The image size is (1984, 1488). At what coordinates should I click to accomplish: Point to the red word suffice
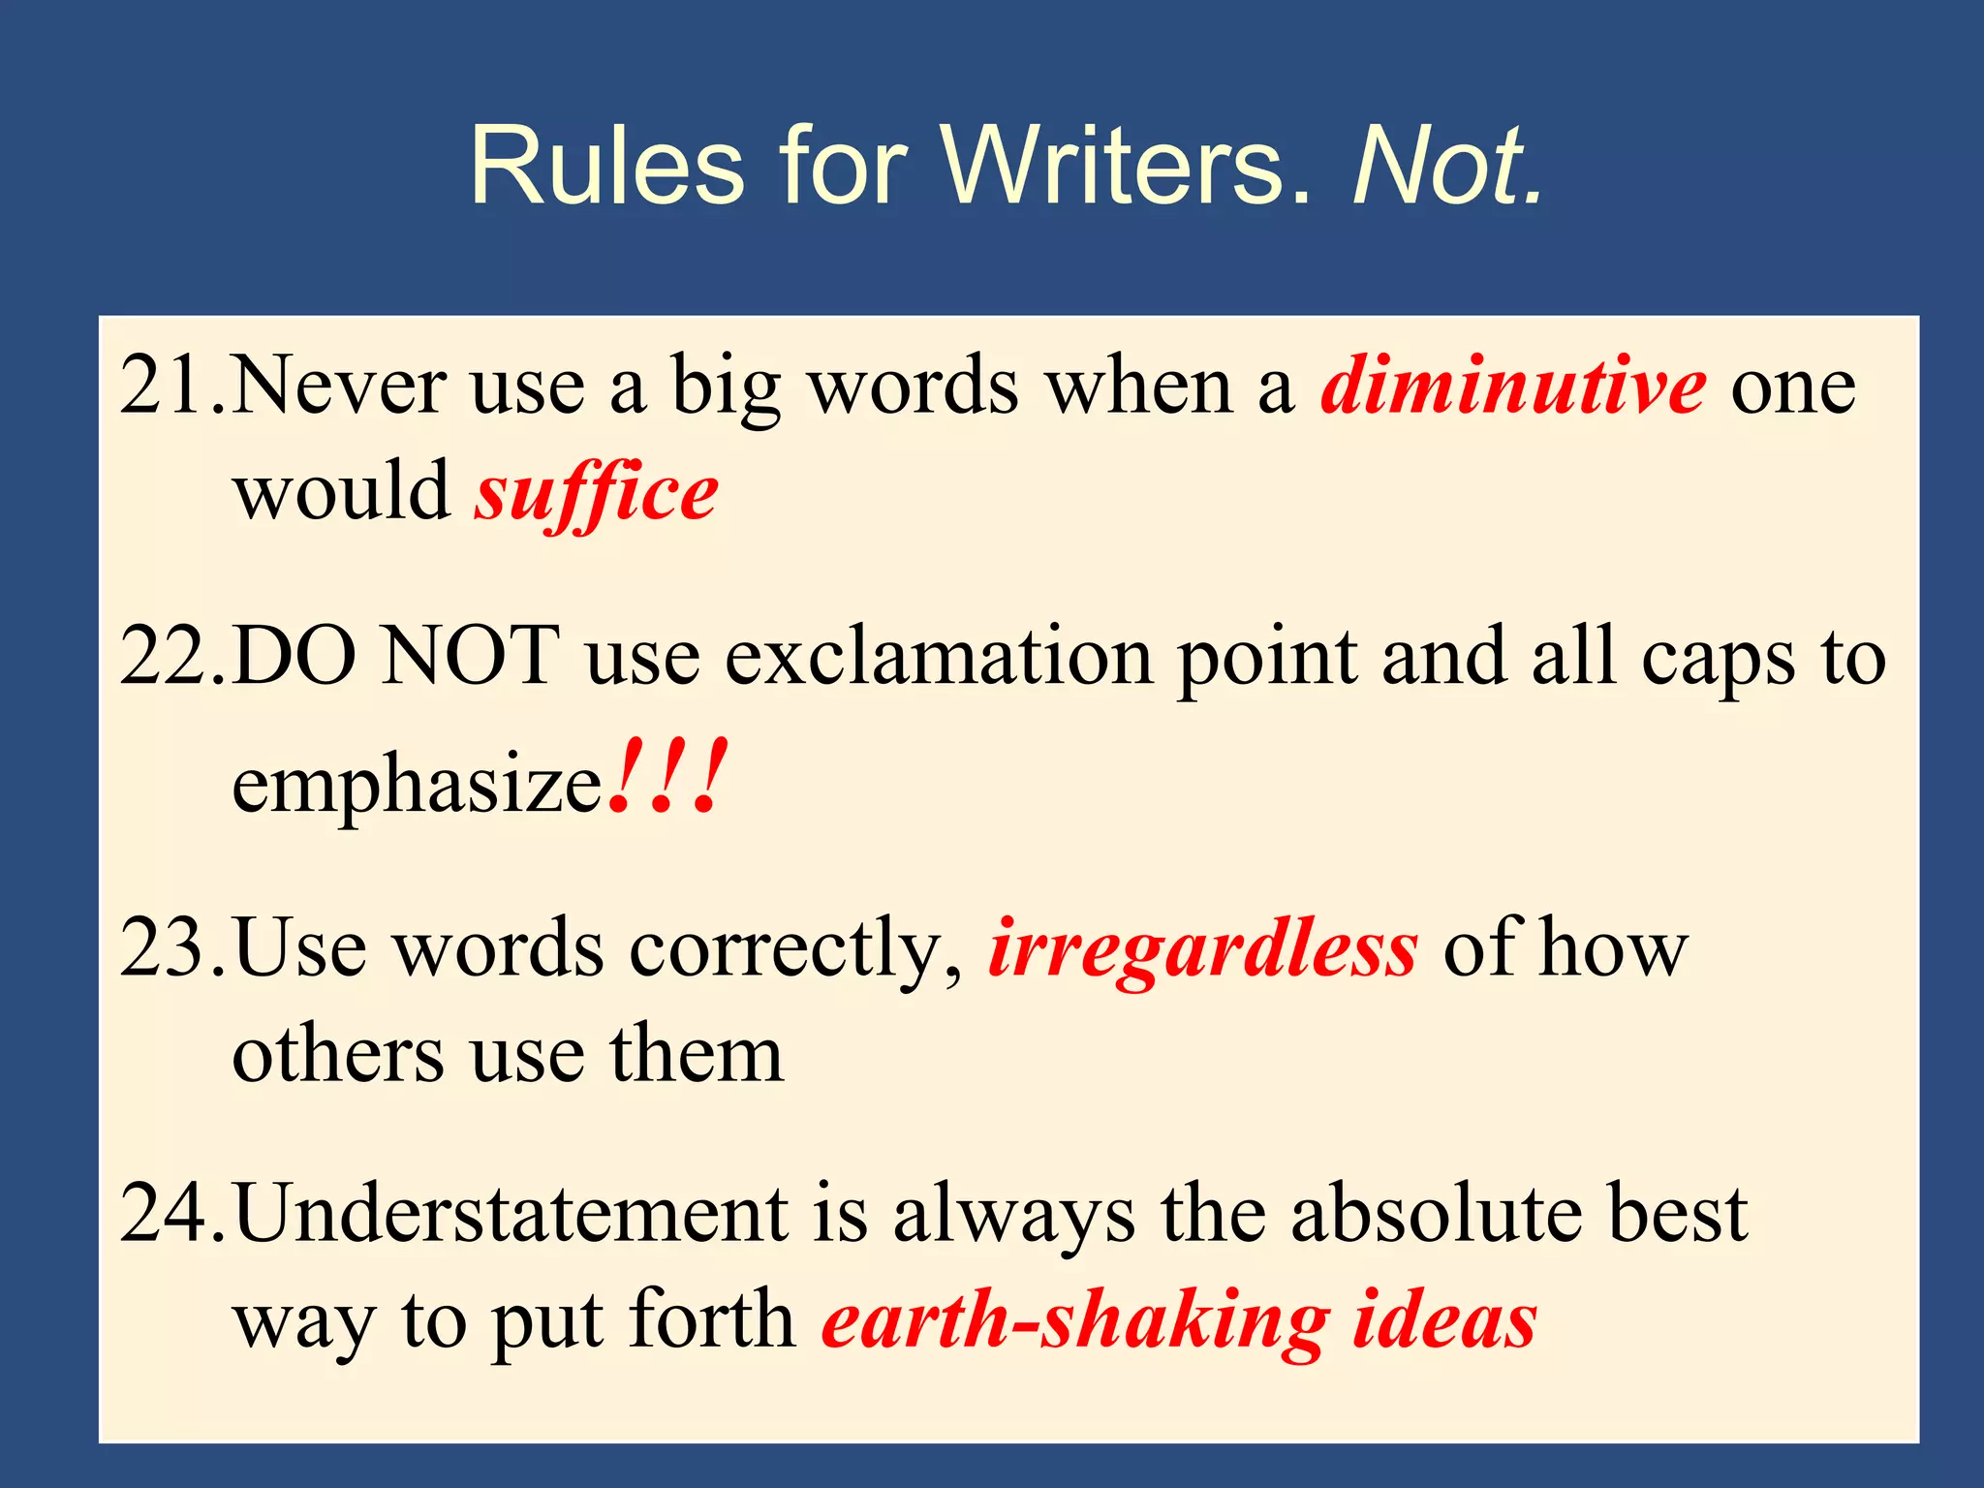(x=596, y=494)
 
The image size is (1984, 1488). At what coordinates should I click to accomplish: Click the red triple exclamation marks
(x=667, y=777)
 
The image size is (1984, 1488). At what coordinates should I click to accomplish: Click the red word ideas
(x=1444, y=1319)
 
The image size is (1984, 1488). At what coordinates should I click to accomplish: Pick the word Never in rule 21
(x=340, y=387)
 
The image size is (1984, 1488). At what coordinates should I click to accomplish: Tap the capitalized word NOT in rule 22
(x=471, y=658)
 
